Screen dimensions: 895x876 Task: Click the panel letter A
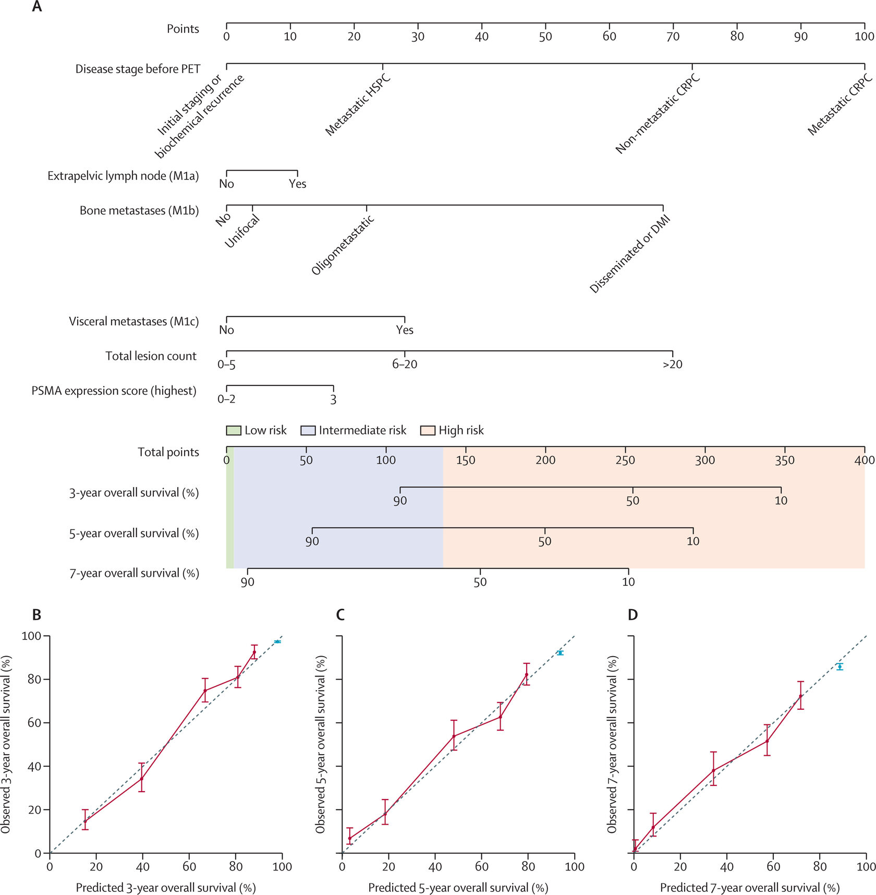36,7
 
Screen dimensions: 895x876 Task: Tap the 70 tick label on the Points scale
673,37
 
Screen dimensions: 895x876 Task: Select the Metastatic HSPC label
358,105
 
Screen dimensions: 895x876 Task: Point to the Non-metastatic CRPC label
658,115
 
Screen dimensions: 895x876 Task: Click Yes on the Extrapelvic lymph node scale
298,184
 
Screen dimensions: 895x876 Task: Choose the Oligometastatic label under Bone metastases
343,245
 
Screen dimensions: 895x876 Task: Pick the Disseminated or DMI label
629,254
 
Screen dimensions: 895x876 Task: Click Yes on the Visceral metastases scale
405,330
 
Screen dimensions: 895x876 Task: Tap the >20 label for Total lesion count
672,365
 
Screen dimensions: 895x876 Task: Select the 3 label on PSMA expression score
333,400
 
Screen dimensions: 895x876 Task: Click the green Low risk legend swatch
233,430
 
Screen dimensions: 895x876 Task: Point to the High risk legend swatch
428,430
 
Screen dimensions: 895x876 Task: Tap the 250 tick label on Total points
625,461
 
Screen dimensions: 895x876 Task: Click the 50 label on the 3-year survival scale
632,501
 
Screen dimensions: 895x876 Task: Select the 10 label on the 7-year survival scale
628,582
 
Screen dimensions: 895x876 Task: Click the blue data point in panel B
277,642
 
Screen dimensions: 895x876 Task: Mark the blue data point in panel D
839,667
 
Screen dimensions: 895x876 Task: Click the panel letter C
340,615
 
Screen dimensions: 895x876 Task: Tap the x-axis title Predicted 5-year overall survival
458,888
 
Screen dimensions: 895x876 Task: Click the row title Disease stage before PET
138,69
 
